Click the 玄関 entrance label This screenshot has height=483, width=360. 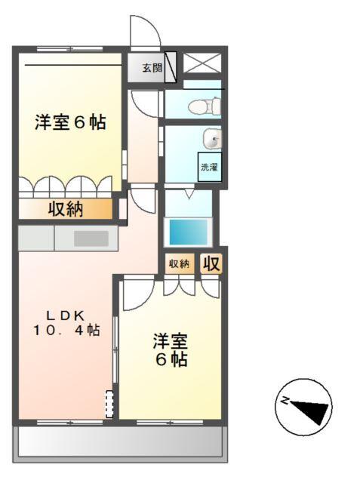(152, 68)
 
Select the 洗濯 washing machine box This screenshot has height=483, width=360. (209, 168)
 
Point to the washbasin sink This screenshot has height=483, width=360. (214, 139)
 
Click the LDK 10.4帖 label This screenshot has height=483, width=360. (66, 323)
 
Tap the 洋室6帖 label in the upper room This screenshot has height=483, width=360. (69, 122)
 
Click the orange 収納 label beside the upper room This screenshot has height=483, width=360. (66, 208)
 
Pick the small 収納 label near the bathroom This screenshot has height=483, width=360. (179, 263)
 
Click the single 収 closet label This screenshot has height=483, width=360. (211, 263)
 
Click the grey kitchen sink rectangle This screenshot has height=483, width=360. (91, 238)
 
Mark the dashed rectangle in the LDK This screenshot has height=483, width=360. (110, 404)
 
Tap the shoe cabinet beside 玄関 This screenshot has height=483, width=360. (171, 66)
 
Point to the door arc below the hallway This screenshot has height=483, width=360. (141, 201)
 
